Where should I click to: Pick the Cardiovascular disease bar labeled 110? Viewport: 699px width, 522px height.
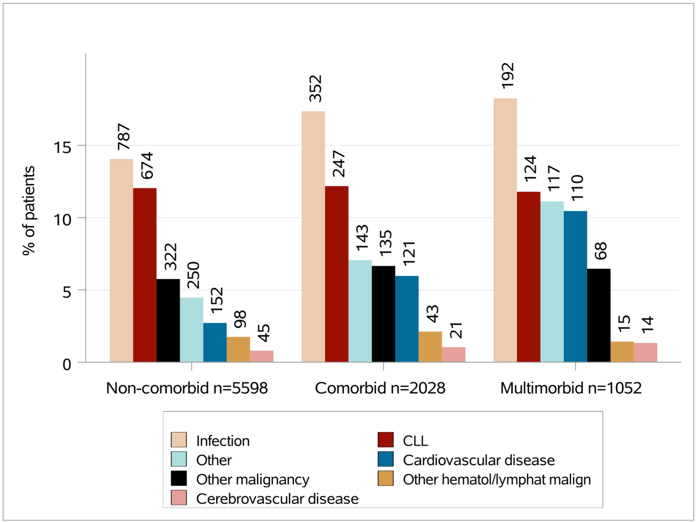point(575,286)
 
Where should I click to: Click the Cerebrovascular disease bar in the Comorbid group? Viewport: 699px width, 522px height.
point(453,354)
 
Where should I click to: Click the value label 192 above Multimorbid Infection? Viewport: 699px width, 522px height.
point(507,75)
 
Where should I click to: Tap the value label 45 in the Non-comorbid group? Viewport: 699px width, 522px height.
point(263,334)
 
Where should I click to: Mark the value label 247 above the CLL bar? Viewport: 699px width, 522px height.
point(338,164)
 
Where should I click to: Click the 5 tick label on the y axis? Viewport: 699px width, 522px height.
point(67,292)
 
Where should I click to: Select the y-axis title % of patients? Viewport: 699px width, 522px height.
point(28,211)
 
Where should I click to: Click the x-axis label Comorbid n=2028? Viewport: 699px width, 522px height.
point(380,388)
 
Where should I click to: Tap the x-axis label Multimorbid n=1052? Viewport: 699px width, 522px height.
point(571,388)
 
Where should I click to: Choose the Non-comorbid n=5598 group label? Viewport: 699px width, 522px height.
point(187,388)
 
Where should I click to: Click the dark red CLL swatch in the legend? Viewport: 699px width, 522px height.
point(386,440)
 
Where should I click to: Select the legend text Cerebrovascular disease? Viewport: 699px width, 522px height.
point(277,499)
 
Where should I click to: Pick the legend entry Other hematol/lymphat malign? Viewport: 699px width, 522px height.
point(496,479)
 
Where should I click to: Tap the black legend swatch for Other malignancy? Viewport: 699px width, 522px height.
point(179,479)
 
